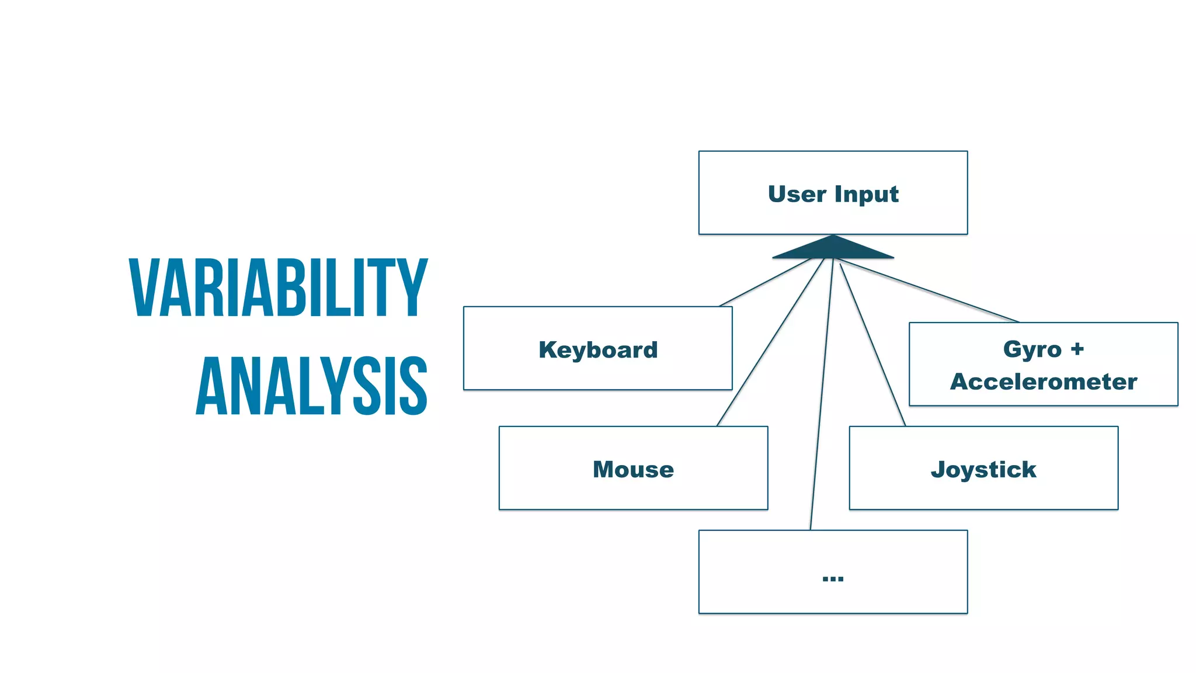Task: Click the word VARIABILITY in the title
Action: pyautogui.click(x=278, y=287)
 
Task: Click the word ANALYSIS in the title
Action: pyautogui.click(x=311, y=386)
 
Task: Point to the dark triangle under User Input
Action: pyautogui.click(x=833, y=248)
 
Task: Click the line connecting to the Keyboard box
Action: pyautogui.click(x=765, y=282)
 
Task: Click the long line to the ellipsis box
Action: pyautogui.click(x=821, y=397)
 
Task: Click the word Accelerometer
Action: pyautogui.click(x=1044, y=381)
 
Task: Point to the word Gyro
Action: pyautogui.click(x=1032, y=349)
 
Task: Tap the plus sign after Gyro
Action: pyautogui.click(x=1077, y=349)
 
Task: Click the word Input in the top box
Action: pyautogui.click(x=867, y=194)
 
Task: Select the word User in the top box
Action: pyautogui.click(x=797, y=194)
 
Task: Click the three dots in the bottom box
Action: pyautogui.click(x=833, y=578)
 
